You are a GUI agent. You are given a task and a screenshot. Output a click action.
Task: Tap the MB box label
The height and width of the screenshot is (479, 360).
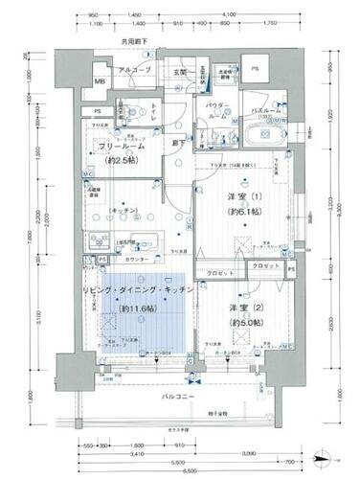coord(100,83)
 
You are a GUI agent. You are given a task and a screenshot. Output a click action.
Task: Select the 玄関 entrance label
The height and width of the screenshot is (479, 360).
coord(179,71)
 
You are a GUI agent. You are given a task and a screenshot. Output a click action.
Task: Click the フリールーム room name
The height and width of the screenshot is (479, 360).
coord(117,146)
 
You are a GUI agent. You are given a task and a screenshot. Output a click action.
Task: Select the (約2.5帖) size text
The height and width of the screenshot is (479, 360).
coord(118,160)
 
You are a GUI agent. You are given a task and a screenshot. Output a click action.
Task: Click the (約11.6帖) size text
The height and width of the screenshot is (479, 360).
coord(143,308)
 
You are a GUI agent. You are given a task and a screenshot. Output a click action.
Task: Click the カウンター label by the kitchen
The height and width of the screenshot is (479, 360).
coord(135,260)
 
